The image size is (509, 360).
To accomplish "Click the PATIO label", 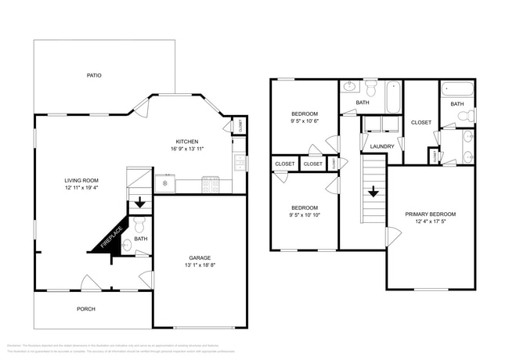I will [94, 75].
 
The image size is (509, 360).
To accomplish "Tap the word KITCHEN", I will [186, 141].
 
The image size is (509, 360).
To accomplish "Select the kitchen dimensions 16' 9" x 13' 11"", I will [186, 149].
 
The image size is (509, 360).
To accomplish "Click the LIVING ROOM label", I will [81, 181].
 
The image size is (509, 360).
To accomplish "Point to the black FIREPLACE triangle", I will [106, 235].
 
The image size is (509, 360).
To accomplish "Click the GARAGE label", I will [200, 257].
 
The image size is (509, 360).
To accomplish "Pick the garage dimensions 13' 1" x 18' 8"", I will [200, 265].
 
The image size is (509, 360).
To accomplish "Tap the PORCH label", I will [86, 309].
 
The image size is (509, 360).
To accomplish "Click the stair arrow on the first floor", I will [140, 203].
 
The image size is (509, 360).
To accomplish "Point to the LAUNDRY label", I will [381, 146].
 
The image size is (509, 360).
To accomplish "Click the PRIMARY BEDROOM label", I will [430, 214].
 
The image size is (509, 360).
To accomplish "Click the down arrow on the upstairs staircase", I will [374, 190].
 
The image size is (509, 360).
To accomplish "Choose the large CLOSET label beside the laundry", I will [421, 122].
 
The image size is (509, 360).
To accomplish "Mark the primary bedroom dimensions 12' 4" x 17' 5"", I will [430, 221].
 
